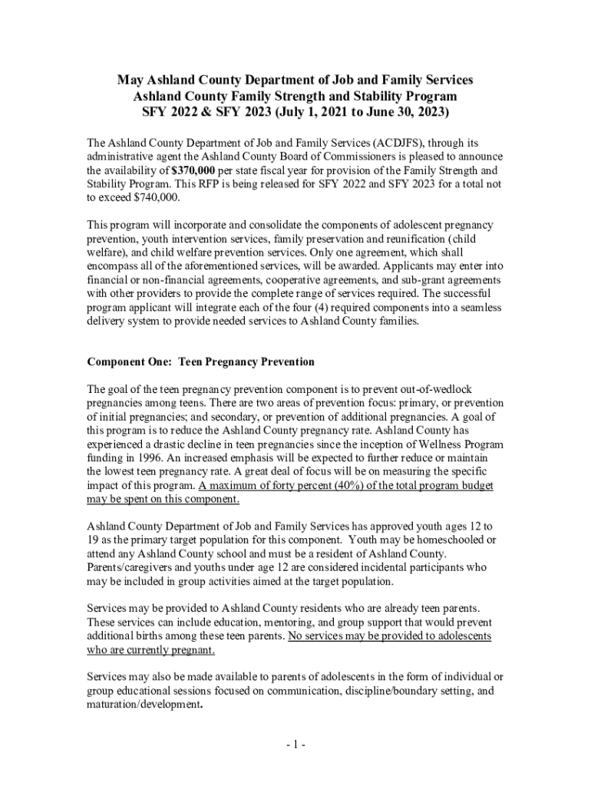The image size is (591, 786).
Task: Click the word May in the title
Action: tap(130, 80)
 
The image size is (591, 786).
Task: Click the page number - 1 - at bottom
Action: tap(295, 745)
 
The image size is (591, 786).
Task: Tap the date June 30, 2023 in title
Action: tap(394, 112)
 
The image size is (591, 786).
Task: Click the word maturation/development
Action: tap(143, 705)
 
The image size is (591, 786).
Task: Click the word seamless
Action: tap(480, 308)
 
